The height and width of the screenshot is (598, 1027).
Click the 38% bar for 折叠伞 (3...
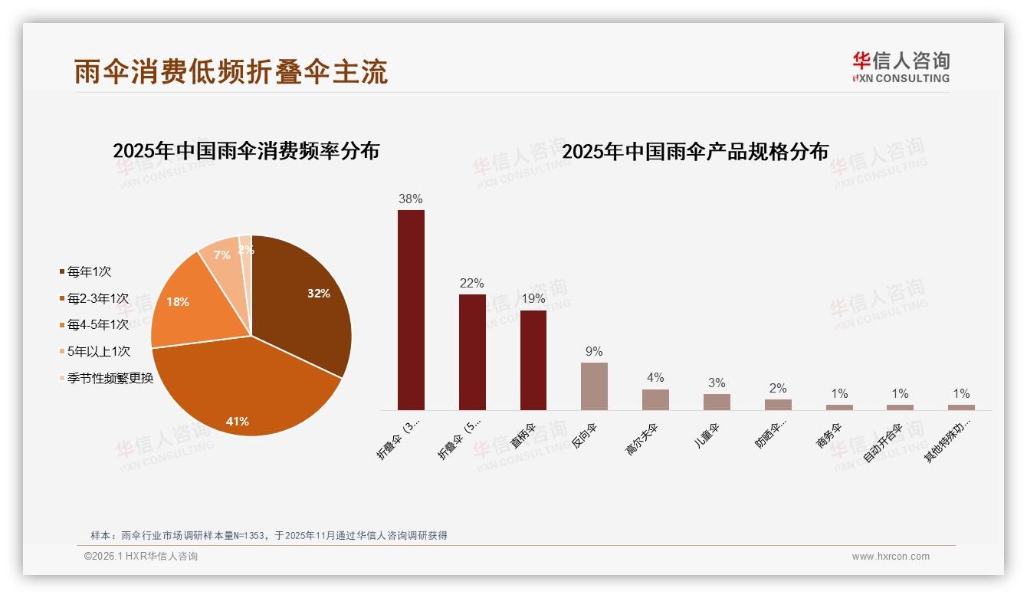click(x=411, y=310)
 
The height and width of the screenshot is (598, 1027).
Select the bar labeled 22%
click(x=472, y=352)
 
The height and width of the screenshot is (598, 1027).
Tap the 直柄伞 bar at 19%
click(x=533, y=360)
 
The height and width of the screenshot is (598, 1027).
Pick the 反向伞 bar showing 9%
click(x=594, y=386)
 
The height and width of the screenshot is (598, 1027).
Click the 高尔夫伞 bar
click(x=655, y=399)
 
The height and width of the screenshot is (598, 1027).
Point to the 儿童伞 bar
click(x=717, y=402)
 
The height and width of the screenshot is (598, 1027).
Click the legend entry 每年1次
click(x=89, y=271)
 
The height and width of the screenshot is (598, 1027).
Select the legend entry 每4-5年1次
click(x=97, y=325)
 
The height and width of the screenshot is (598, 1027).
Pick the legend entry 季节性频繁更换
click(x=110, y=379)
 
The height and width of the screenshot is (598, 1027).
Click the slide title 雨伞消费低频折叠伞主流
click(x=231, y=71)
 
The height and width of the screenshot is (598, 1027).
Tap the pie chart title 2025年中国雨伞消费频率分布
click(x=246, y=151)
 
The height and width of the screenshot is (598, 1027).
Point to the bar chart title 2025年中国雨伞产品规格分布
click(x=695, y=152)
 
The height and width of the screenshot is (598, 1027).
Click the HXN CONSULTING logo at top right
click(x=901, y=67)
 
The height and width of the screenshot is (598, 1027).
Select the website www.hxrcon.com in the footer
click(x=891, y=557)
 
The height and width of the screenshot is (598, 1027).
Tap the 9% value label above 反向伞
click(x=594, y=352)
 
